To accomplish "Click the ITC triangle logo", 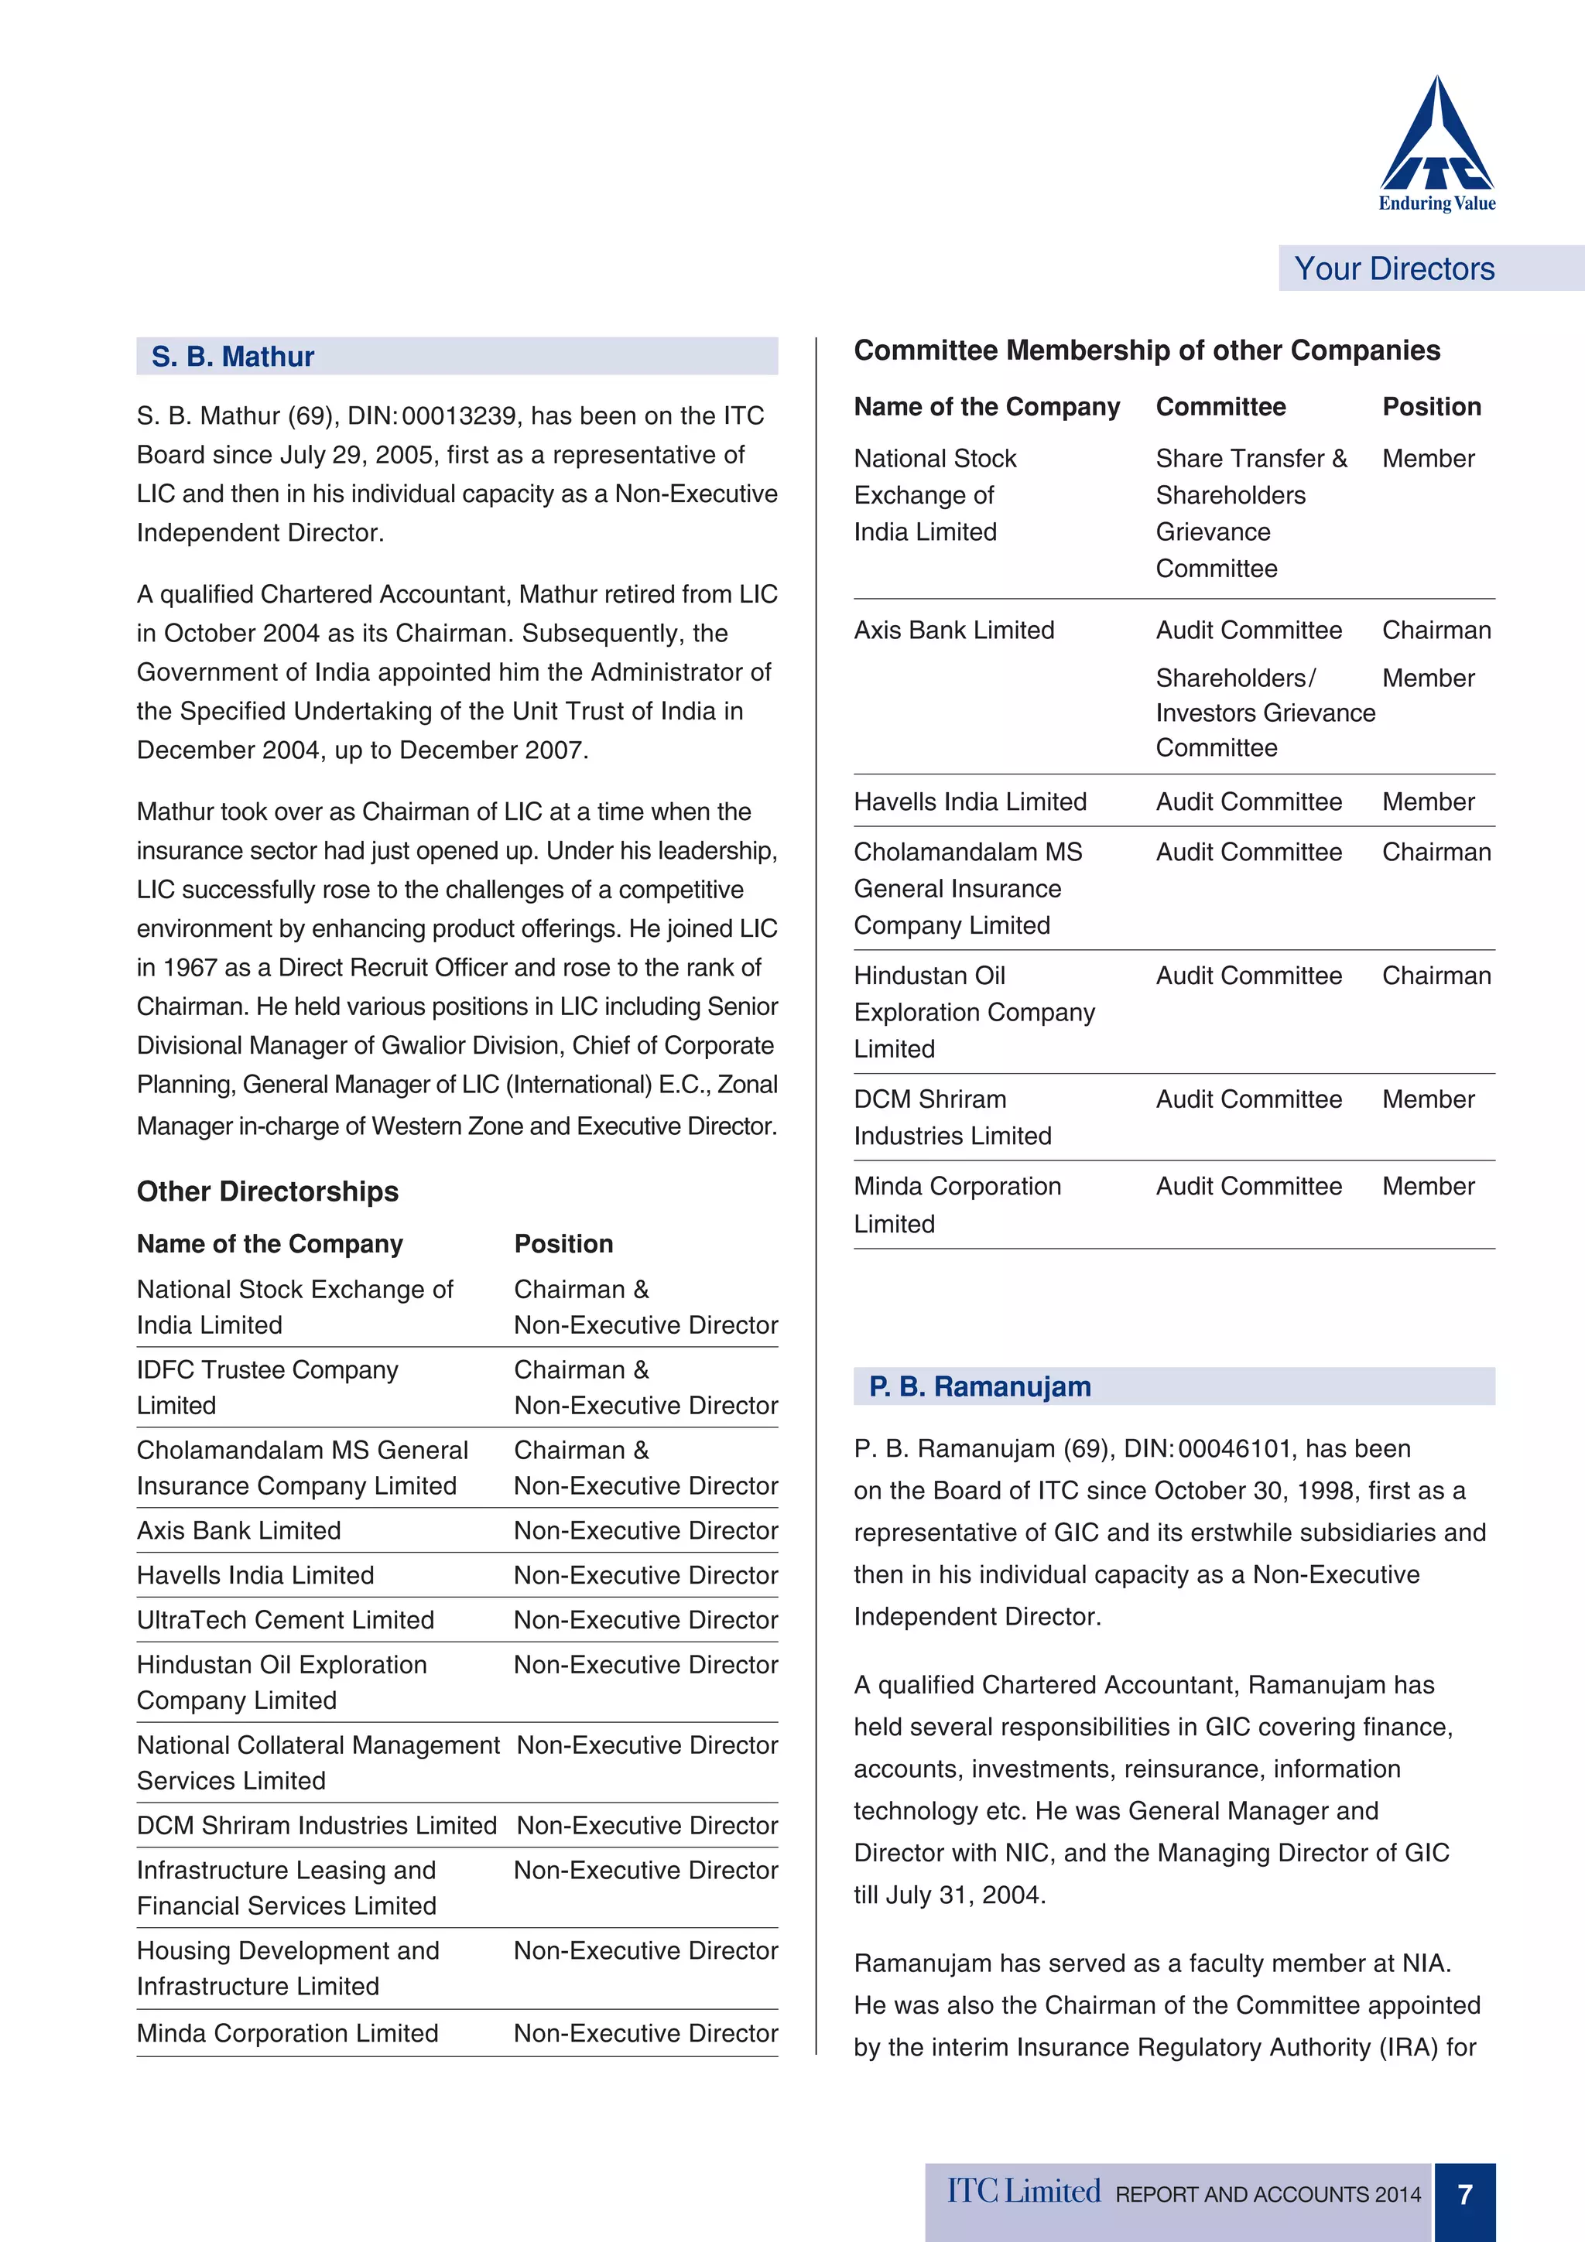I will [x=1436, y=137].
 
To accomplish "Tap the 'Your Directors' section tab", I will [x=1394, y=268].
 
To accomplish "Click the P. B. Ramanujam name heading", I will [x=980, y=1386].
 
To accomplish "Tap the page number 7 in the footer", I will [x=1465, y=2195].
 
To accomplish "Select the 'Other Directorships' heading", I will [x=268, y=1191].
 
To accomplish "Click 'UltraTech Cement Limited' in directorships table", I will [x=285, y=1620].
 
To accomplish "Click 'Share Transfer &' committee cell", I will [x=1251, y=459].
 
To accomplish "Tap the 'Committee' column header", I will [x=1220, y=407].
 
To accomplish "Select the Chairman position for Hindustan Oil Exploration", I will [x=1436, y=976].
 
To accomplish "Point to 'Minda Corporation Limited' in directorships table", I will [x=287, y=2033].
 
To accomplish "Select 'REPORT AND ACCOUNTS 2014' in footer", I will [x=1268, y=2195].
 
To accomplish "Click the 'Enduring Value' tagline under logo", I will [x=1436, y=203].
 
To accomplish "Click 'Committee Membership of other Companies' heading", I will [x=1146, y=350].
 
